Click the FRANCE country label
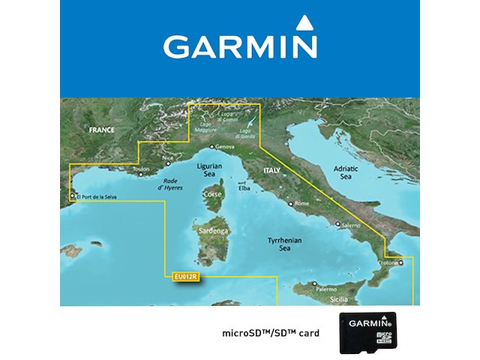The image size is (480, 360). point(101,130)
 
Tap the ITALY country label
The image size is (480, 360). point(271,171)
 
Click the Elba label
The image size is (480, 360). point(244,188)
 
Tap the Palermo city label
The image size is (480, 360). point(325,289)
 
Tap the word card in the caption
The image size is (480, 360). point(305,331)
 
